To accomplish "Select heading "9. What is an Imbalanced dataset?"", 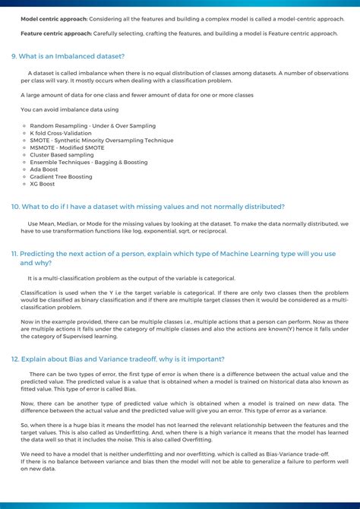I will click(x=68, y=56).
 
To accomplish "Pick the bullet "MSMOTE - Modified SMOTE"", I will click(x=69, y=147).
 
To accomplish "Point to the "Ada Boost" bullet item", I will click(x=45, y=169).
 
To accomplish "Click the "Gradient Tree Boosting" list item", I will click(x=62, y=176).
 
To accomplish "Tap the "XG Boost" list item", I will click(x=43, y=184).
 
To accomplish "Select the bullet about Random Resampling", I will click(x=93, y=126).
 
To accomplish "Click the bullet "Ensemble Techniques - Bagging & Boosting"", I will click(x=89, y=162).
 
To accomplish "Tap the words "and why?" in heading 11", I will click(x=36, y=262).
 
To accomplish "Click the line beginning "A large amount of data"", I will click(x=137, y=95).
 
